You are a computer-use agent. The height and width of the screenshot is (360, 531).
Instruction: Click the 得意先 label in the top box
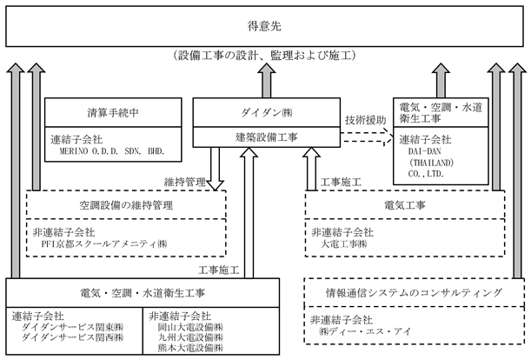264,26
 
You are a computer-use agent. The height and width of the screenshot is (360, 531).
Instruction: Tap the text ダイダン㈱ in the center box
267,112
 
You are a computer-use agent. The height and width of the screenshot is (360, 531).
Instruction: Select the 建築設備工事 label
267,137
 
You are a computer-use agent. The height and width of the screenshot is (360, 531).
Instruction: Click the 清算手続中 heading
113,112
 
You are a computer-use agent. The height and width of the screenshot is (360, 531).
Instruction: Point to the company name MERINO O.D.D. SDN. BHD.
112,151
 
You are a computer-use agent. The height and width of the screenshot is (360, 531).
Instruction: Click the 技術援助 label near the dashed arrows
365,120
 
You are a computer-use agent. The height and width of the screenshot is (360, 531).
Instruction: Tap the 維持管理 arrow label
185,182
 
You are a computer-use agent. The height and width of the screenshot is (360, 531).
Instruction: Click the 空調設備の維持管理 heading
126,205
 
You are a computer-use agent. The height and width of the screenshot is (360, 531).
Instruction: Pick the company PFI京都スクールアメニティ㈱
104,243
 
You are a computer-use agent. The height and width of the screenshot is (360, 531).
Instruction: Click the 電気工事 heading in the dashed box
405,205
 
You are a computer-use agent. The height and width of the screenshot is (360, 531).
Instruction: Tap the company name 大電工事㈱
343,243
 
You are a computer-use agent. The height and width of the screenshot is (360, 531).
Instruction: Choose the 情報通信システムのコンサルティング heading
413,292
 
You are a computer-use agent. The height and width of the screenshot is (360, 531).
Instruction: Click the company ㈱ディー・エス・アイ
365,331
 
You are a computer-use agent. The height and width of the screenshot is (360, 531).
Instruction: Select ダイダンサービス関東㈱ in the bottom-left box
72,328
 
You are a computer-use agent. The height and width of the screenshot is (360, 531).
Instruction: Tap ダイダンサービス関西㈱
72,337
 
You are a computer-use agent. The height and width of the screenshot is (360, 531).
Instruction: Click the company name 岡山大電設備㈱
190,328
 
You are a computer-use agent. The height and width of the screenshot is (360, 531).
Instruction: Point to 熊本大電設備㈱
190,348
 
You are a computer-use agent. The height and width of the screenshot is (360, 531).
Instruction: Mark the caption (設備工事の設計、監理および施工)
264,55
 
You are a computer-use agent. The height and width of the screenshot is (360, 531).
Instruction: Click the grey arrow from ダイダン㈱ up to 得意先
267,81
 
